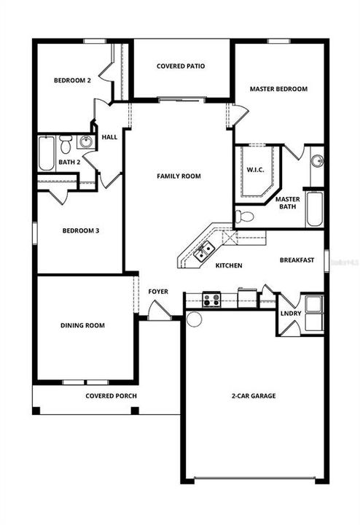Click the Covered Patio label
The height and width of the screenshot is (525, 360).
pos(181,66)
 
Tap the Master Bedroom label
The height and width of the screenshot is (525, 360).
pos(278,89)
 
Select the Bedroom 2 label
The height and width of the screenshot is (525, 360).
pos(72,80)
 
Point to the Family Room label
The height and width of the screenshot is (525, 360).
pos(179,176)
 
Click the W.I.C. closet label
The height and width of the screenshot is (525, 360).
pos(255,171)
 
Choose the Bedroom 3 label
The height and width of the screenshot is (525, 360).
pos(80,231)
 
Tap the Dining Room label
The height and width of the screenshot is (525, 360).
pos(82,325)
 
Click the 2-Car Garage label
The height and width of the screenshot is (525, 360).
pos(253,396)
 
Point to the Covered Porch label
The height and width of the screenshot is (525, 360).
pos(111,396)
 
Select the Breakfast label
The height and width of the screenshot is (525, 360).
pos(297,260)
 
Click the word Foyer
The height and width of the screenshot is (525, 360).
pos(158,292)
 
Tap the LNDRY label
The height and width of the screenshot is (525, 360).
pos(291,314)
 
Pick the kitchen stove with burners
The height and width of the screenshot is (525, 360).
pos(212,299)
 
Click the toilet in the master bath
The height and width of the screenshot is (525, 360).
pos(246,216)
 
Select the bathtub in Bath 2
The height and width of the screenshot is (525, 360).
pos(47,153)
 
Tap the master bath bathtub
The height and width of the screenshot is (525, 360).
pos(315,209)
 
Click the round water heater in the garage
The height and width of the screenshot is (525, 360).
pos(195,319)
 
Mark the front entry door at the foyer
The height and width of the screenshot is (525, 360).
pos(155,311)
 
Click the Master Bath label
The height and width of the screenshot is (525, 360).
pos(287,203)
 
